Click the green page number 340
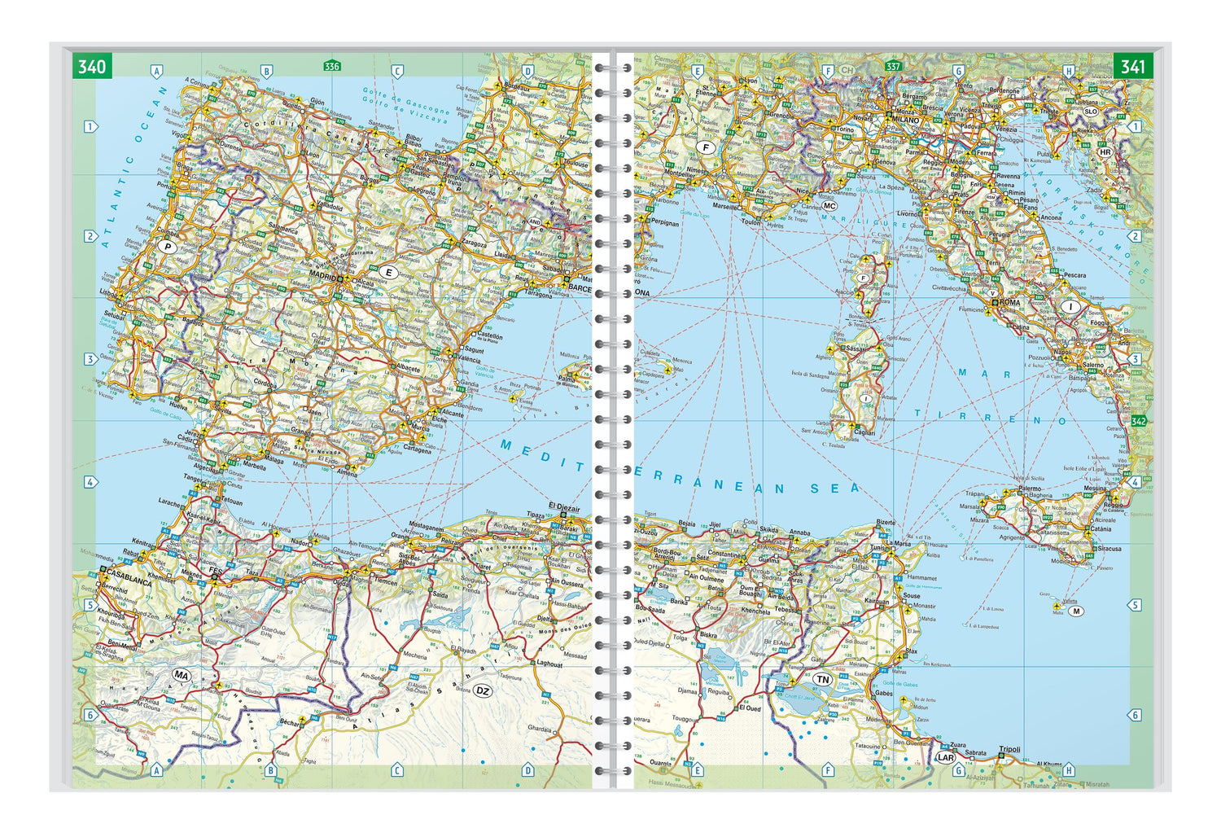pos(92,66)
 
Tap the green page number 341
pos(1132,66)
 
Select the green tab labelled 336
pos(331,66)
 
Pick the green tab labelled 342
pos(1138,421)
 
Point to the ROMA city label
pos(1009,302)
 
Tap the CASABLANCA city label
pos(125,581)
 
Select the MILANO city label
pos(904,120)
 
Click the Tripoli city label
pos(1009,749)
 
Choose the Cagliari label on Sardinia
pos(863,433)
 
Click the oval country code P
pos(168,247)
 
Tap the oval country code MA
pos(181,675)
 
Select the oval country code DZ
pos(483,691)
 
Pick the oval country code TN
pos(823,679)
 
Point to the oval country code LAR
pos(945,757)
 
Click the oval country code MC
pos(829,206)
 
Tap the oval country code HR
pos(1105,152)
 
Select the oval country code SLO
pos(1090,112)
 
